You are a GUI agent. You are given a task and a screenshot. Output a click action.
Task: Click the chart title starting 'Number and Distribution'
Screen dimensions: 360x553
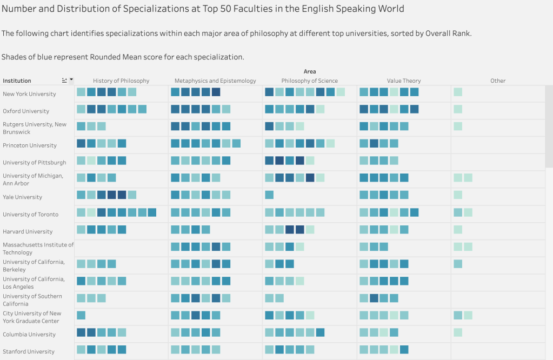coord(203,9)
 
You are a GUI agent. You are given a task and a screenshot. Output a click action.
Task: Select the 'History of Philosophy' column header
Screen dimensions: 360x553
coord(121,81)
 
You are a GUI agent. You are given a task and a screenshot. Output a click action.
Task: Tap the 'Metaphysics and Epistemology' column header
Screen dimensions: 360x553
coord(215,81)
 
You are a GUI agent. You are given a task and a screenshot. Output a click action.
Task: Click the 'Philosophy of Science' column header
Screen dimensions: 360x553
coord(310,81)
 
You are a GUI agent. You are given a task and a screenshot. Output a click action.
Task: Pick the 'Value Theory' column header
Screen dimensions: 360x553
coord(404,81)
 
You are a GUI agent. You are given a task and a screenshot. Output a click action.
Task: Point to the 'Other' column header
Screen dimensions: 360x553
coord(498,81)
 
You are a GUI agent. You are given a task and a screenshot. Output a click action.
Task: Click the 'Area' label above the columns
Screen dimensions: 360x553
coord(310,71)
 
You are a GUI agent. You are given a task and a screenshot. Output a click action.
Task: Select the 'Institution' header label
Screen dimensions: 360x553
coord(17,81)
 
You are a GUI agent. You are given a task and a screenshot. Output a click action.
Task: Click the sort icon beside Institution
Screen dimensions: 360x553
coord(65,81)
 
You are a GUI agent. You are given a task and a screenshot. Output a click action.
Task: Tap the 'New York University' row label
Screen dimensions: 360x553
coord(29,94)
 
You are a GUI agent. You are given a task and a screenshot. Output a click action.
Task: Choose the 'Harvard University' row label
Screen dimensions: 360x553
coord(28,231)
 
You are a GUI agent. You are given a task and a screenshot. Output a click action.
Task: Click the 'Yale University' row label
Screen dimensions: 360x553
coord(22,197)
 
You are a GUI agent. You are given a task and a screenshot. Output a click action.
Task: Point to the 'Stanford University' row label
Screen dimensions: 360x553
coord(29,351)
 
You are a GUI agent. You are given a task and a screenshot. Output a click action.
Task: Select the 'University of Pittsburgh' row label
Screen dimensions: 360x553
coord(35,163)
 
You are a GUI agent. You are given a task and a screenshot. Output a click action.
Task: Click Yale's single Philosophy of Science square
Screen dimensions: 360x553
coord(269,195)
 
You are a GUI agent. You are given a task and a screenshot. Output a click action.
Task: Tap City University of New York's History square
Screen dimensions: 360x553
coord(81,315)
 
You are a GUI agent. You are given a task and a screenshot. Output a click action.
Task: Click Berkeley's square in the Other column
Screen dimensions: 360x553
coord(458,264)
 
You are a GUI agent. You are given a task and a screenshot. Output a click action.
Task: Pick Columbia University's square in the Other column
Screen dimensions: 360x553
coord(458,332)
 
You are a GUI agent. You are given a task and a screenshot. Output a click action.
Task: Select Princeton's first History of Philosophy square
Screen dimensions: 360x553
coord(81,143)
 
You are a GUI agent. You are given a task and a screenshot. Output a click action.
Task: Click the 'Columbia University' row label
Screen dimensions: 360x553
coord(29,335)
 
